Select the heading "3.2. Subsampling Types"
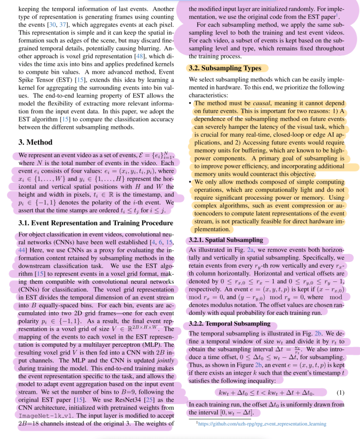coord(224,68)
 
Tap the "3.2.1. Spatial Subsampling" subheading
coord(225,240)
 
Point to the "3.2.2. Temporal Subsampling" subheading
coord(230,324)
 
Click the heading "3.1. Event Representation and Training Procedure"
coord(96,223)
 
